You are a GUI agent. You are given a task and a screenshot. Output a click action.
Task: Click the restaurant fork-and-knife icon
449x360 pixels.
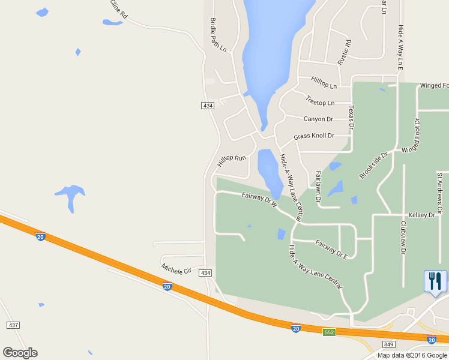click(435, 281)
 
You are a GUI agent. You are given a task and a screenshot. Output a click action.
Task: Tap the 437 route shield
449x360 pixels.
click(14, 325)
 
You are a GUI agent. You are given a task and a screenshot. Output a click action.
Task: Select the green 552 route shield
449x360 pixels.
click(328, 332)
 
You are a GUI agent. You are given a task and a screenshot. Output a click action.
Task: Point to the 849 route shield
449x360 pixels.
click(388, 344)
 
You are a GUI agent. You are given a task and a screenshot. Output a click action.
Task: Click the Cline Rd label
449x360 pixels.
click(119, 8)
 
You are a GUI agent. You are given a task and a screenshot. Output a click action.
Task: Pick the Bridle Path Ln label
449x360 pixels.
click(217, 34)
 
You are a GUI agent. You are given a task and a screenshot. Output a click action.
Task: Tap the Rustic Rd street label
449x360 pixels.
click(345, 52)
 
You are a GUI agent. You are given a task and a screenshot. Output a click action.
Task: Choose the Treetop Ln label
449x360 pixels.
click(319, 102)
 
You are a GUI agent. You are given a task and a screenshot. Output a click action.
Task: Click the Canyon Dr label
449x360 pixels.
click(318, 119)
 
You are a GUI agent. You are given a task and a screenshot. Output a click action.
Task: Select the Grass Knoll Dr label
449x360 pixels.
click(313, 137)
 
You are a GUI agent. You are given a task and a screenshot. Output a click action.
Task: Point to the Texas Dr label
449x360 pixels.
click(352, 118)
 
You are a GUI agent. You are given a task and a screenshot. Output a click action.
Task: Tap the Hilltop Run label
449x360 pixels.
click(232, 161)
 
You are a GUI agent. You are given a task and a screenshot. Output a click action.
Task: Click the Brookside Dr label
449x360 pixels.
click(374, 166)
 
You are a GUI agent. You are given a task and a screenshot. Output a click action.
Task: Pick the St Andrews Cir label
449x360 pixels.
click(439, 193)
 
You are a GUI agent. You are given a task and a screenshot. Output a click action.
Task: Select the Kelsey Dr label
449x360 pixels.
click(421, 214)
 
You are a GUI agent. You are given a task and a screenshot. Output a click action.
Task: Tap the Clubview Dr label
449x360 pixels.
click(403, 237)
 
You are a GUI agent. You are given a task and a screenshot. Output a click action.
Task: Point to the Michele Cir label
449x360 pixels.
click(176, 268)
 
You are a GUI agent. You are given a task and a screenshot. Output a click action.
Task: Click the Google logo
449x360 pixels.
click(20, 352)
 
